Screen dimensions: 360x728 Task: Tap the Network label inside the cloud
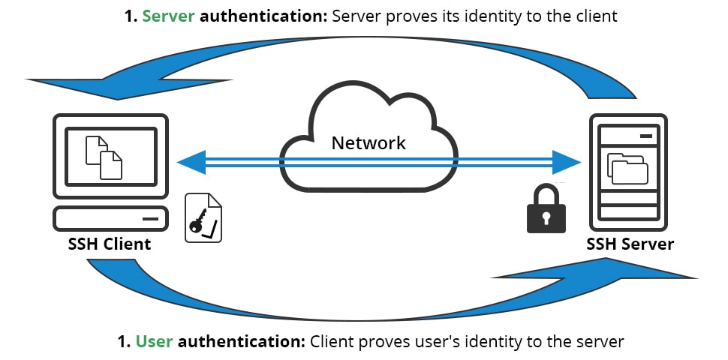tap(369, 142)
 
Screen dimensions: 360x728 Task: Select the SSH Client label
tap(110, 244)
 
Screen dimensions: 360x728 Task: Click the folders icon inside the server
tap(627, 168)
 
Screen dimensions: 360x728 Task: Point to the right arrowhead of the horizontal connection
tap(567, 162)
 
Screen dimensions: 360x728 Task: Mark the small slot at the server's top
tap(645, 136)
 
